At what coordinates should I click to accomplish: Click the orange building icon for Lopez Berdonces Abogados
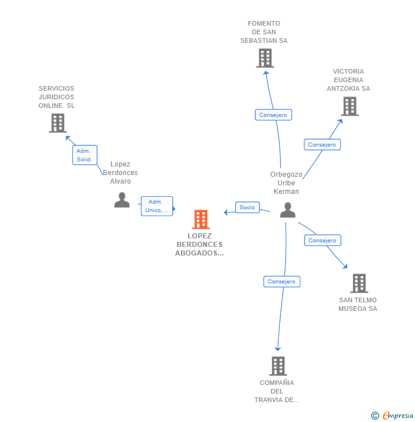coord(201,219)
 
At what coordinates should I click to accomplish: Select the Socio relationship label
coord(247,208)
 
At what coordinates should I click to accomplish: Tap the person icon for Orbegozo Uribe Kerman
coord(288,210)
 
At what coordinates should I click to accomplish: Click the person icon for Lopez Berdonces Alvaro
coord(121,200)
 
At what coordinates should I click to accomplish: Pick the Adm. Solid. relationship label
coord(84,155)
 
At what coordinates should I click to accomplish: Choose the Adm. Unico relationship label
coord(157,206)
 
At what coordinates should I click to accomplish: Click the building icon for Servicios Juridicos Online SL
coord(58,123)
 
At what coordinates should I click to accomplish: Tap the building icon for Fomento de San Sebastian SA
coord(265,58)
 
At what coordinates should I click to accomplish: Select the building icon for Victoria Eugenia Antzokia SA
coord(349,106)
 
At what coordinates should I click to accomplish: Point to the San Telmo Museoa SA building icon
coord(359,283)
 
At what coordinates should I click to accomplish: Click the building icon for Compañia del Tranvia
coord(278,366)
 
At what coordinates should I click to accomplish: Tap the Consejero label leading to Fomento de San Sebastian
coord(273,115)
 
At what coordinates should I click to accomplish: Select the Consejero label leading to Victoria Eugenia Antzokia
coord(322,145)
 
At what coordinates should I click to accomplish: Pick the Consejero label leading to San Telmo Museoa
coord(323,241)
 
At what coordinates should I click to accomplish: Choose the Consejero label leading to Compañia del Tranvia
coord(282,282)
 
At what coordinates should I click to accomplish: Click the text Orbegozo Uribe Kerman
coord(286,183)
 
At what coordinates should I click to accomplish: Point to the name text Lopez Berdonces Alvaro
coord(120,173)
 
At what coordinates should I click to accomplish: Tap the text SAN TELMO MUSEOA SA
coord(358,305)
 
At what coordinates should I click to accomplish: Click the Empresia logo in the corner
coord(392,416)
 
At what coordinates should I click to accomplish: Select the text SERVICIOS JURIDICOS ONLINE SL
coord(56,97)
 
